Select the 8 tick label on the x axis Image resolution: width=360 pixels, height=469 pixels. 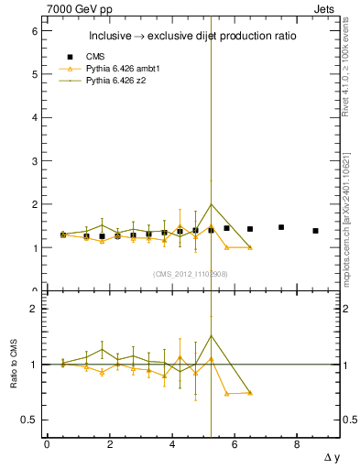(297, 444)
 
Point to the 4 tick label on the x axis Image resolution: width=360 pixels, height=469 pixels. (171, 444)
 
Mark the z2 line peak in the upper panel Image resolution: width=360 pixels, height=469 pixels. (211, 204)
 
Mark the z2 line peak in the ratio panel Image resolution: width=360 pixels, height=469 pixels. (211, 335)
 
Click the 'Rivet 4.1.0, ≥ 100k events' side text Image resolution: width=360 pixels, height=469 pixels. (349, 69)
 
